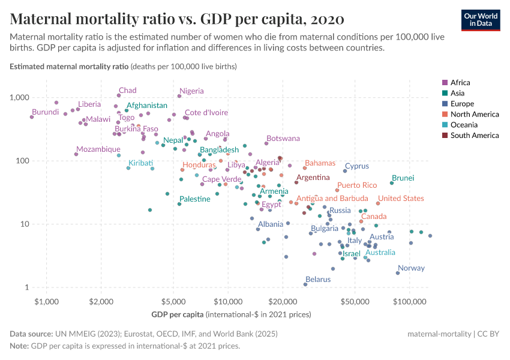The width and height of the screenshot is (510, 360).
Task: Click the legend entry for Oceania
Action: [464, 125]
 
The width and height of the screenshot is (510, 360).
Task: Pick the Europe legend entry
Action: [463, 104]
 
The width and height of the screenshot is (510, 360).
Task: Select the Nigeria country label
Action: [191, 91]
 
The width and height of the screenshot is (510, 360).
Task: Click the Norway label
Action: [411, 268]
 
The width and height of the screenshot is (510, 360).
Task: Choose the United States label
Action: [401, 199]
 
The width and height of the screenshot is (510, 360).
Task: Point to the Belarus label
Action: [318, 279]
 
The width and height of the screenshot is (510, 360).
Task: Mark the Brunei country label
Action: [403, 178]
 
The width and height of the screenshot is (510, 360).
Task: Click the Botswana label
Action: [283, 139]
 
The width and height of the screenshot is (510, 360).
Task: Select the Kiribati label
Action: [140, 163]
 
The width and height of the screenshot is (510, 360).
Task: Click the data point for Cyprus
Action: [345, 171]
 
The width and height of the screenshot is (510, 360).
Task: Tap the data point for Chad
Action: [119, 95]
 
